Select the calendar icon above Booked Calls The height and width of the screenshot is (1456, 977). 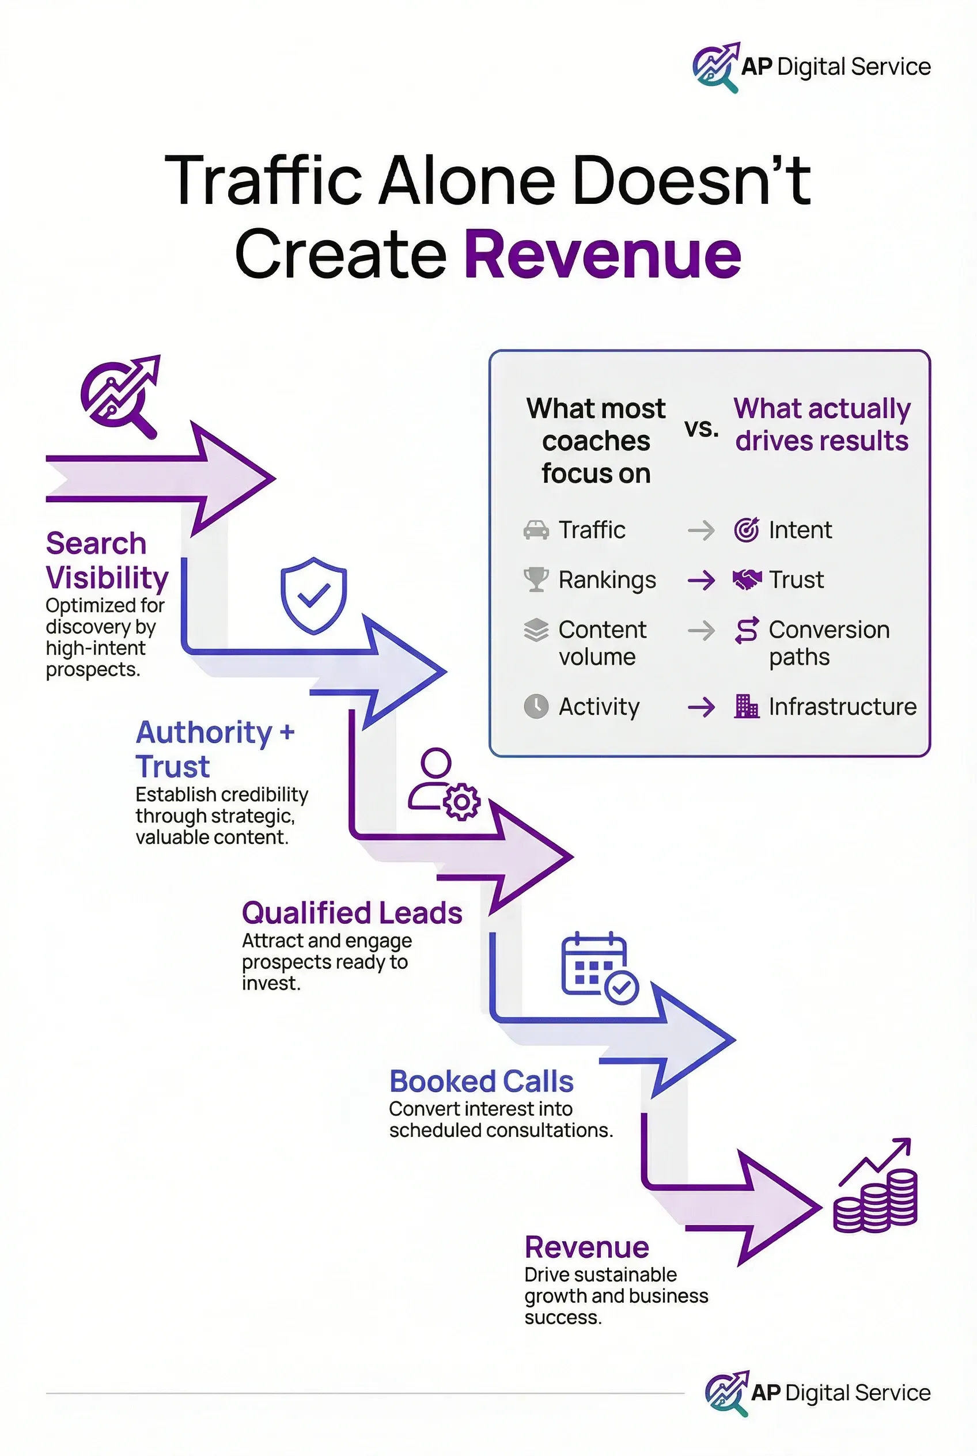coord(599,968)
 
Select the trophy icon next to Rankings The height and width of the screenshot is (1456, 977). coord(536,579)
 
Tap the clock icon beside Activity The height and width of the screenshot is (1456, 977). coord(536,707)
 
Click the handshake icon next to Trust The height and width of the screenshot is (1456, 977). coord(747,579)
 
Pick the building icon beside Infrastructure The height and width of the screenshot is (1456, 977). coord(746,707)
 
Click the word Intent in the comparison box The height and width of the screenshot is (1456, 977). coord(800,530)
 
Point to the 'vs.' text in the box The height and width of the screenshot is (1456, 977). coord(702,428)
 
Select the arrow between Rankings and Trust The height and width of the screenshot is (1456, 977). coord(701,581)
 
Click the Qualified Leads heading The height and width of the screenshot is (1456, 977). coord(352,913)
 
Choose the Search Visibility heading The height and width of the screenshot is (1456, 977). coord(107,560)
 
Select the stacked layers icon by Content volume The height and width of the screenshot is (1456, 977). coord(536,631)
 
